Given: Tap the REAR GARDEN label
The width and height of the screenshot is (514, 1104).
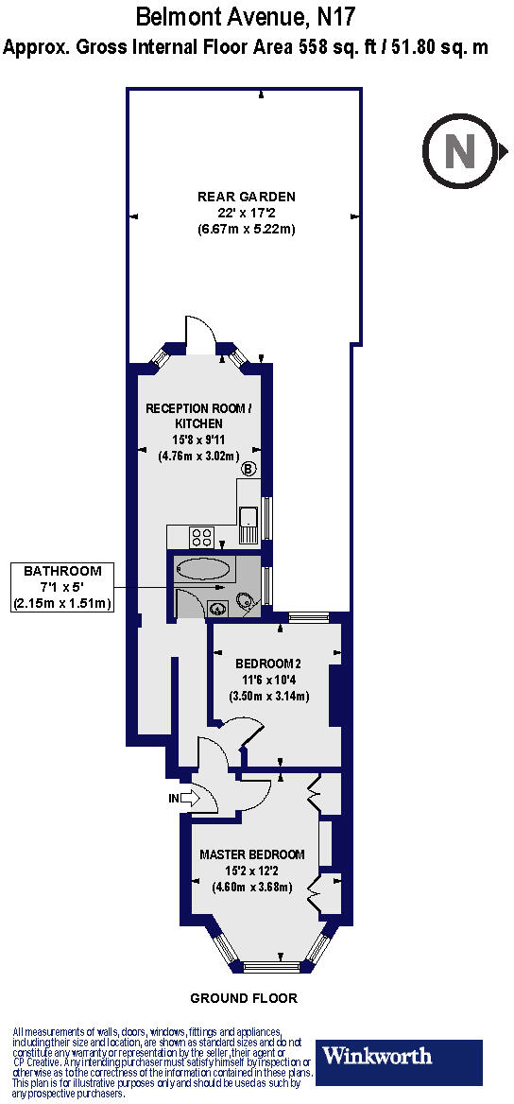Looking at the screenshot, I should tap(247, 197).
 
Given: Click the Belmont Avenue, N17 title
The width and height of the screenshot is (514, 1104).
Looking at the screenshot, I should tap(247, 16).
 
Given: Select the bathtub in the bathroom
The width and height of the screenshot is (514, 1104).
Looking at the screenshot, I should tap(203, 570).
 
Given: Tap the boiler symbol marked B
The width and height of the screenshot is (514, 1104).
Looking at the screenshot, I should tap(249, 469).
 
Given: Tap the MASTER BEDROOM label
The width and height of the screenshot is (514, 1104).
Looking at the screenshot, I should tap(252, 854).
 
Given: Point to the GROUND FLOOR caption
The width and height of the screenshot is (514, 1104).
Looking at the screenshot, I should tap(244, 998).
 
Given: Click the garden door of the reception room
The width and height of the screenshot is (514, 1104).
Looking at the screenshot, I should tap(201, 333).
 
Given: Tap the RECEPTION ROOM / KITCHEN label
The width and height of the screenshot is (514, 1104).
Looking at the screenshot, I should tap(198, 416).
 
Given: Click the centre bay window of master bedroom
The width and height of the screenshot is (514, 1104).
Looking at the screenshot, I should tap(271, 965).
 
